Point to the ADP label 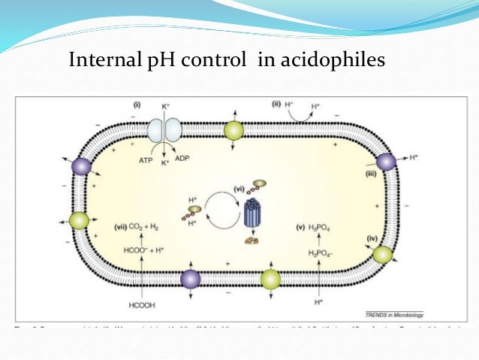point(182,159)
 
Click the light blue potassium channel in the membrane point(164,130)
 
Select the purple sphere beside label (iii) point(385,161)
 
